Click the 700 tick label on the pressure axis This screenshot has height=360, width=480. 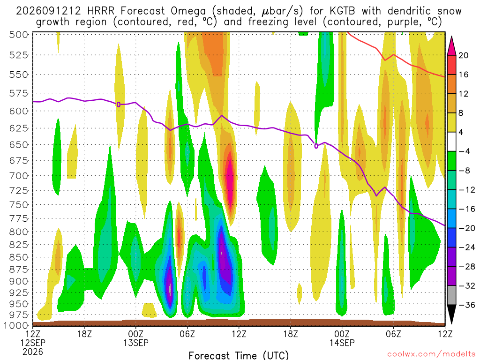(19, 176)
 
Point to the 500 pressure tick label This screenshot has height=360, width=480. (19, 35)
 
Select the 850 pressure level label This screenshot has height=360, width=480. (19, 257)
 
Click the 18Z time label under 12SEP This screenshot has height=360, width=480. (84, 334)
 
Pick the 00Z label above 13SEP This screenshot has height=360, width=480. (136, 334)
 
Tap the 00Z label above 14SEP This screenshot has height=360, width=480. (342, 334)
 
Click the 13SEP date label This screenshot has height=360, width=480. (136, 343)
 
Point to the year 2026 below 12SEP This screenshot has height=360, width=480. (33, 352)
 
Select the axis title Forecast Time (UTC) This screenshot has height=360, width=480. (239, 355)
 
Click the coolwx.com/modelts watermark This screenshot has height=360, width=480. (431, 354)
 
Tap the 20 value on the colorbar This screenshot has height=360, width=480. (463, 55)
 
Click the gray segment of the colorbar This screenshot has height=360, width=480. (451, 295)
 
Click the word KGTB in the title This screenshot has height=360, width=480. (342, 11)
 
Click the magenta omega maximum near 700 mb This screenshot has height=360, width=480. (230, 178)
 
